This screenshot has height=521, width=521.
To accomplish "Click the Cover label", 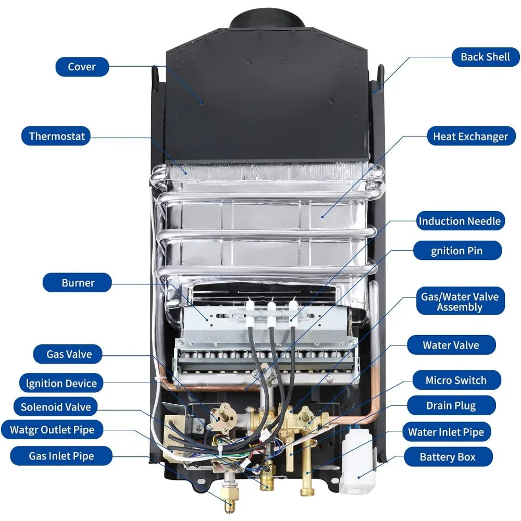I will (82, 67).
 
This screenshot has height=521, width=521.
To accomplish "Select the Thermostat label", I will (56, 137).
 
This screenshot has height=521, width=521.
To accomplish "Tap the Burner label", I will (78, 283).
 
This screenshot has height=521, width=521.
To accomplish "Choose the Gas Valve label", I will (69, 354).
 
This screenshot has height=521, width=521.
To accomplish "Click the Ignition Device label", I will (61, 383).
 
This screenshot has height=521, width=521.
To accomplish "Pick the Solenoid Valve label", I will (56, 407).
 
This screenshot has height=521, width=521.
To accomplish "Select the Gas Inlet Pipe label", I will (61, 456).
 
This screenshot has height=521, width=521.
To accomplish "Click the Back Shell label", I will (485, 57).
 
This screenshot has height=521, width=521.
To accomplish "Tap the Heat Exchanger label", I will (470, 137).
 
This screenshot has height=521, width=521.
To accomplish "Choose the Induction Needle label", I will (460, 221).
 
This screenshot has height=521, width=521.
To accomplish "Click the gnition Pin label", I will (457, 251).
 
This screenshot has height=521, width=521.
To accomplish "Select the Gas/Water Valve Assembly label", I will (460, 302).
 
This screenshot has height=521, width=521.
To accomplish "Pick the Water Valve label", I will (451, 345).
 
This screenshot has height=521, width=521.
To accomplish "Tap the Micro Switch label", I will (456, 380).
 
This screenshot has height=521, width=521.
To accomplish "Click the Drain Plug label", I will (451, 405).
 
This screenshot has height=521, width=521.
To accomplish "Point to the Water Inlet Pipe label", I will (446, 432).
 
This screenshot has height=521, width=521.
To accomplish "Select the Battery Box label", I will (448, 457).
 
